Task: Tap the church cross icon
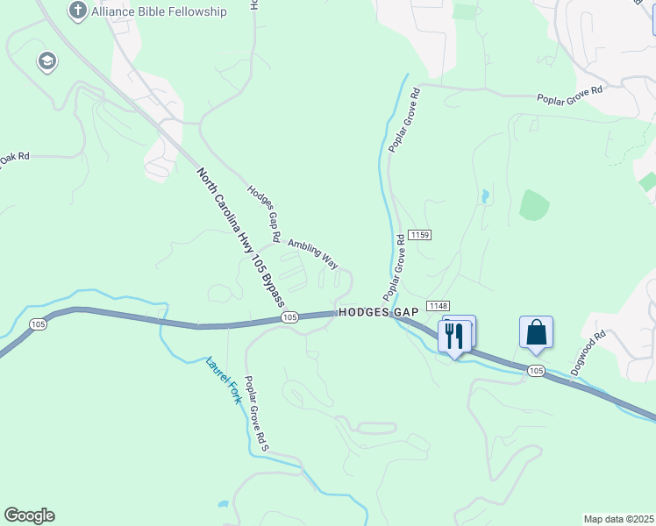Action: coord(77,11)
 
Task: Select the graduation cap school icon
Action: coord(46,61)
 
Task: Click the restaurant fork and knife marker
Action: coord(454,336)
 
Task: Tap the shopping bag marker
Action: coord(536,332)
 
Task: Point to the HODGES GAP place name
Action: coord(379,312)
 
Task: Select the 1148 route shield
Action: coord(439,305)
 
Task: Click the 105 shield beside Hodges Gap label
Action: coord(291,316)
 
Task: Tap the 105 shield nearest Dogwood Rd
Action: coord(537,372)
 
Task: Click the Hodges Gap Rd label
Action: coord(263,214)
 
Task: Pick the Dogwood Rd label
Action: coord(588,353)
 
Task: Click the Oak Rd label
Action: coord(15,157)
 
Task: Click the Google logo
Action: coord(29,515)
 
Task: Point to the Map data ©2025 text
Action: coord(617,518)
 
